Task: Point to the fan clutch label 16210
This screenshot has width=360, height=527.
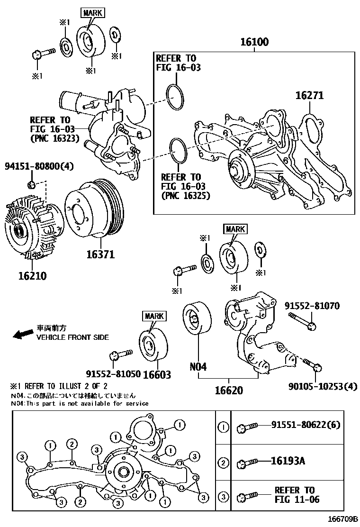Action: (x=32, y=275)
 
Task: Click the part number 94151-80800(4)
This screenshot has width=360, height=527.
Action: (x=39, y=166)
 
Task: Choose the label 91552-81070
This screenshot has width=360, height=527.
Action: (x=312, y=306)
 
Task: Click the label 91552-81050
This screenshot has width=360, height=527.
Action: (x=113, y=374)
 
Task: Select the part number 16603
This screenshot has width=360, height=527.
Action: (x=156, y=374)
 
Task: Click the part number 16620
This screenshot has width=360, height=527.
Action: (x=229, y=390)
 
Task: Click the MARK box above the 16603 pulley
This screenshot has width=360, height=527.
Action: (x=153, y=316)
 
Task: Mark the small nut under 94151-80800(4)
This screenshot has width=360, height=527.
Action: (x=31, y=183)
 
